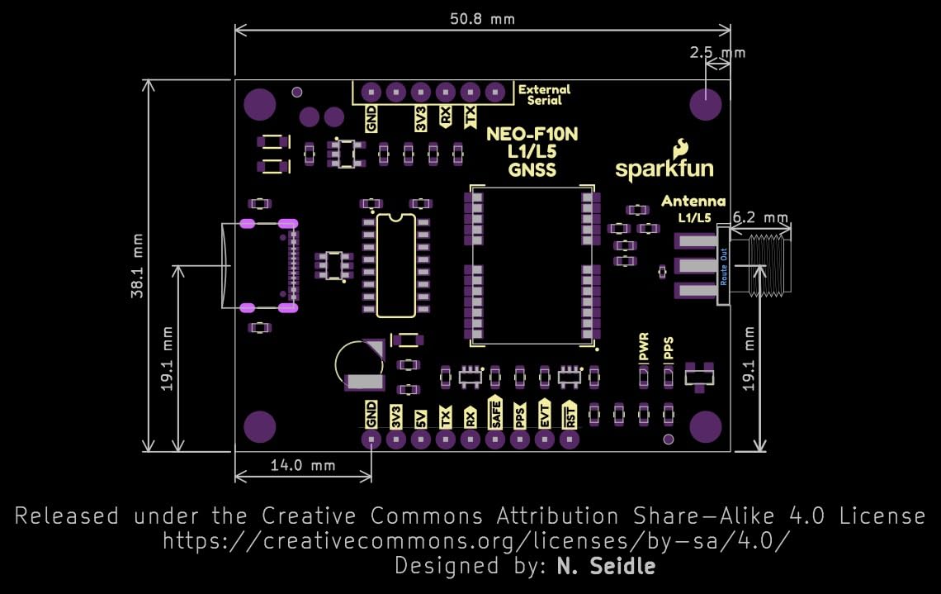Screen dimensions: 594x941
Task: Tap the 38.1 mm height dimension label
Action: pos(138,264)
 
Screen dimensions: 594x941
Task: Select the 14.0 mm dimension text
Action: pos(303,465)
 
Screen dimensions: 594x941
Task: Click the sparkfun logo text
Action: pos(664,169)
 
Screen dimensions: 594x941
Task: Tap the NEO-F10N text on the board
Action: pos(521,134)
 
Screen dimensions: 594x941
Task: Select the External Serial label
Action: pos(544,95)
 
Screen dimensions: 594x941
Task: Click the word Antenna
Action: pos(693,201)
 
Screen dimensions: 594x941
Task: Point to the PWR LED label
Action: pos(644,348)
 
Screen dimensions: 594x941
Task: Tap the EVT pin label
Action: pos(545,413)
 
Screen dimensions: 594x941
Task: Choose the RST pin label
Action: pos(570,413)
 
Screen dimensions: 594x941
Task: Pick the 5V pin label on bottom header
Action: pos(421,416)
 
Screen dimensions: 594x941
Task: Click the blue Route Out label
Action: pos(724,266)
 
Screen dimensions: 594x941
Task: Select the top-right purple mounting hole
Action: pos(706,105)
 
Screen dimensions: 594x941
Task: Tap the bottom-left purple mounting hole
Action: pos(260,426)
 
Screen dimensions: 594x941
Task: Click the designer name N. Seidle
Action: pos(607,566)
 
